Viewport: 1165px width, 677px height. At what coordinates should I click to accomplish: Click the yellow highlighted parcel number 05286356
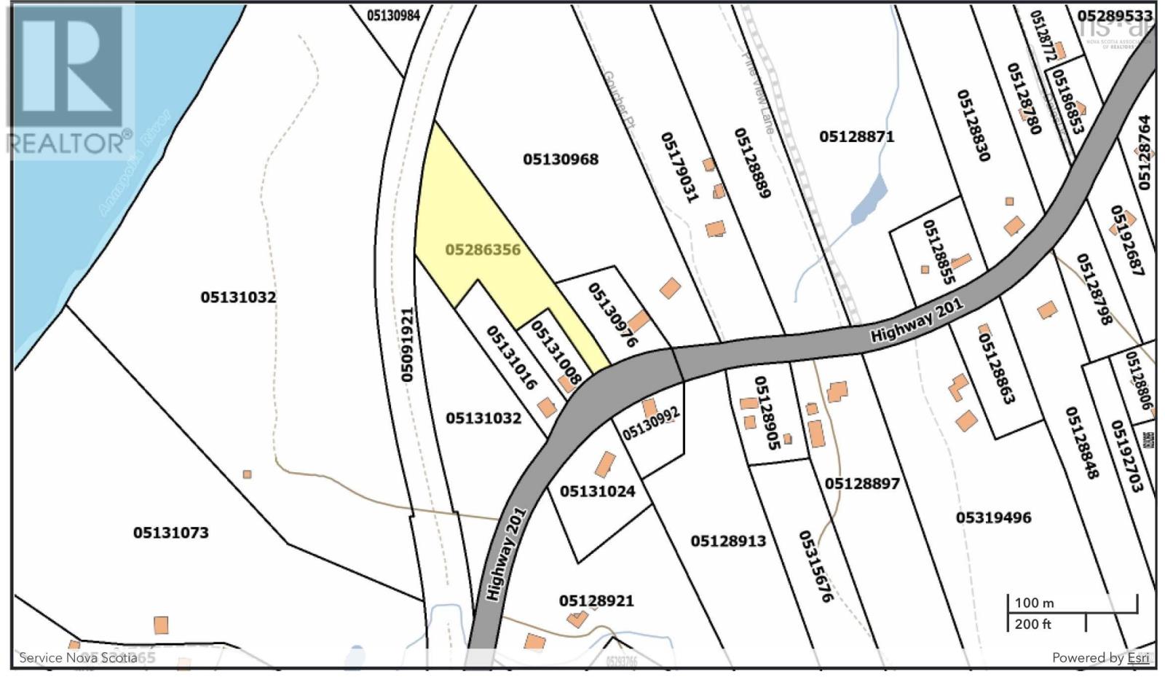click(x=483, y=250)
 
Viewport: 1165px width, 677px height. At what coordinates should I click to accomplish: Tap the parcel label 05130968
click(x=561, y=159)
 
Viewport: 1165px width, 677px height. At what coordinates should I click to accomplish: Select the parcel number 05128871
click(x=856, y=136)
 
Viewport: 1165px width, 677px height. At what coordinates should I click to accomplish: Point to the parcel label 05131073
click(x=170, y=533)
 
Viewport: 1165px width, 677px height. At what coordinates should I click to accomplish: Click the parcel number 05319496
click(x=993, y=517)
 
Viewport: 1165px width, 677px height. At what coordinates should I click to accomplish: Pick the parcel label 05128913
click(x=728, y=541)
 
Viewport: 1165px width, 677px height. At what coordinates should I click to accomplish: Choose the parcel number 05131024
click(x=597, y=491)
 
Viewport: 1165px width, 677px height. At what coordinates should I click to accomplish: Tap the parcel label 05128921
click(x=596, y=600)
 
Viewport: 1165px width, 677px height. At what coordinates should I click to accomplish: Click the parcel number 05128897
click(x=862, y=483)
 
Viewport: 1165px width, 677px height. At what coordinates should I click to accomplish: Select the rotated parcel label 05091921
click(x=407, y=345)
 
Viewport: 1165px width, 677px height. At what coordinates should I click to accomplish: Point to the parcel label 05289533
click(x=1115, y=15)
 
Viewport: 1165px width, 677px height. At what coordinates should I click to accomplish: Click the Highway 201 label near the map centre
click(x=917, y=320)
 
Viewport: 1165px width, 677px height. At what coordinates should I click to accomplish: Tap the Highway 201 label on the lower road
click(x=505, y=553)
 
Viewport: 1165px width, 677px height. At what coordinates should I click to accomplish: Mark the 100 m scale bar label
click(x=1034, y=603)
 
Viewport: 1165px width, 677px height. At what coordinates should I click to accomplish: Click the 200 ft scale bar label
click(x=1032, y=624)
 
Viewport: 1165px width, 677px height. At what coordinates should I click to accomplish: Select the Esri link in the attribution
click(x=1138, y=657)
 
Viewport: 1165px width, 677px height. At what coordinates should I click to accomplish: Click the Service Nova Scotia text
click(x=78, y=657)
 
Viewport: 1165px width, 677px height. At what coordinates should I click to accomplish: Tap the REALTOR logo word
click(x=69, y=142)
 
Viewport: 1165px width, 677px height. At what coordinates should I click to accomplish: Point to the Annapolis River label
click(x=134, y=163)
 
